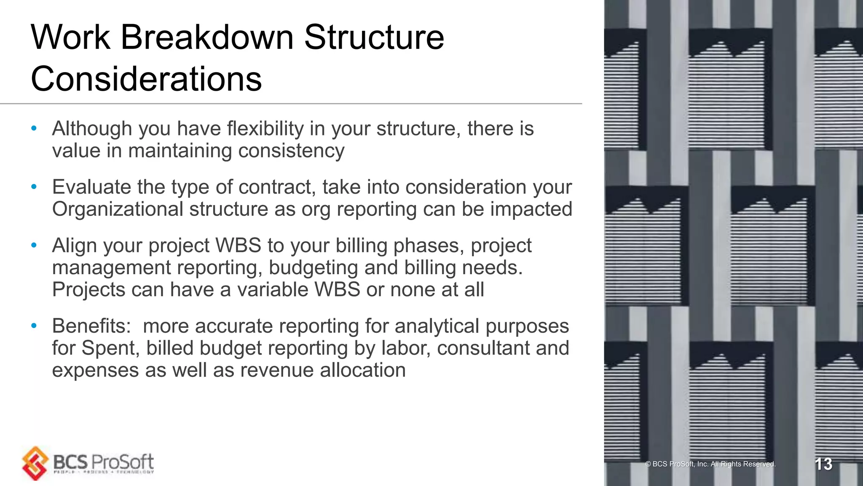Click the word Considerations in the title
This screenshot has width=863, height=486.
146,79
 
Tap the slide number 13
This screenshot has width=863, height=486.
823,464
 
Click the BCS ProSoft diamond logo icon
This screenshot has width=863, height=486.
35,463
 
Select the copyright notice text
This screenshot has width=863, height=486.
710,464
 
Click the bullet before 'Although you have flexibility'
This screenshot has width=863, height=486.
34,128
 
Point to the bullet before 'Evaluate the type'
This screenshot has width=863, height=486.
34,186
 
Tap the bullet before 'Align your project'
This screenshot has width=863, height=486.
34,245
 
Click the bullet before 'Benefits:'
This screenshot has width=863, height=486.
34,326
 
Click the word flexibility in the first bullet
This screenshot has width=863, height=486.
265,129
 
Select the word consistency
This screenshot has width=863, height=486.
291,151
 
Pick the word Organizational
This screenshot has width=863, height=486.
118,209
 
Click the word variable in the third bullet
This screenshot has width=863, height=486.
272,290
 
